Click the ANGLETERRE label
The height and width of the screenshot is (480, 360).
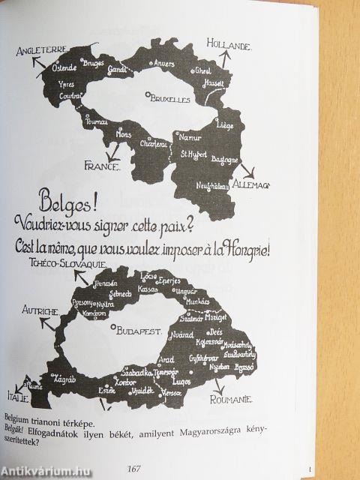[40, 52]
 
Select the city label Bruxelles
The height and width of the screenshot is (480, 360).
[169, 97]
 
